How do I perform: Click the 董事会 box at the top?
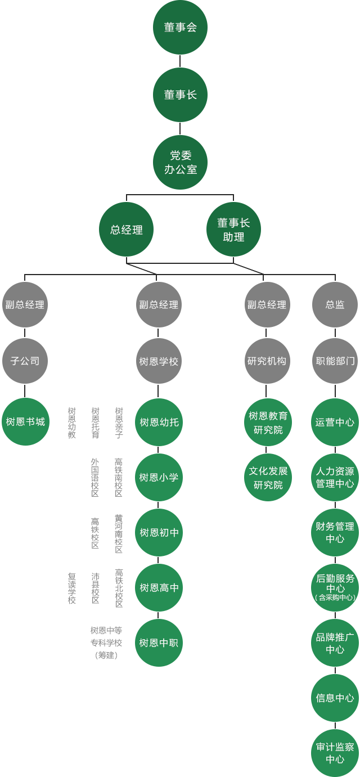click(x=180, y=27)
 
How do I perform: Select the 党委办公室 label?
click(x=180, y=162)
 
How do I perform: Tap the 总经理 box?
click(x=127, y=230)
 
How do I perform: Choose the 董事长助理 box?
click(x=233, y=230)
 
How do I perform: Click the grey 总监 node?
click(x=335, y=304)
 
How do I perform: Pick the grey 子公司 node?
click(x=25, y=361)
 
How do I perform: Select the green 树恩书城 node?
click(x=25, y=421)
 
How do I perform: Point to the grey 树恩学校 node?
click(x=159, y=361)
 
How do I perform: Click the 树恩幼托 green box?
click(x=159, y=422)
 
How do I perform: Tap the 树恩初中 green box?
click(x=159, y=532)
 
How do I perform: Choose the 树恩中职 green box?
click(x=159, y=643)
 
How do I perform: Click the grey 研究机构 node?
click(x=267, y=361)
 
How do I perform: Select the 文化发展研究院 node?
click(x=268, y=477)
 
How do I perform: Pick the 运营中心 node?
click(x=335, y=422)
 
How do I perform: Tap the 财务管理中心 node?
click(x=335, y=532)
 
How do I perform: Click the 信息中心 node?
click(x=335, y=698)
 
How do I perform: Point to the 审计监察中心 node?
click(x=335, y=753)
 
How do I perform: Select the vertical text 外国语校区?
click(x=95, y=477)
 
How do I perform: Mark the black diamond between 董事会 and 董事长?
click(x=180, y=61)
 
